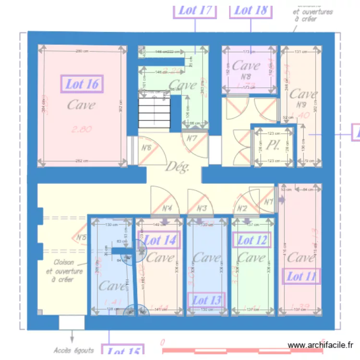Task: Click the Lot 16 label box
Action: [82, 84]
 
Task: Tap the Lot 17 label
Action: [195, 10]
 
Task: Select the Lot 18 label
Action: [251, 10]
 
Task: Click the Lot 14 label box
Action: [160, 240]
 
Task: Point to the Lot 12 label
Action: [252, 240]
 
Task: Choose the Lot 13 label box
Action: [206, 300]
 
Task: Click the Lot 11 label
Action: [302, 276]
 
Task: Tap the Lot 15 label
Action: [123, 352]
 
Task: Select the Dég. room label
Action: [178, 167]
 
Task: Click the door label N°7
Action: [192, 139]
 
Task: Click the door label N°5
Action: [81, 237]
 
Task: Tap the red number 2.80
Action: [82, 129]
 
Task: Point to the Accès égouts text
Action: [73, 350]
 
